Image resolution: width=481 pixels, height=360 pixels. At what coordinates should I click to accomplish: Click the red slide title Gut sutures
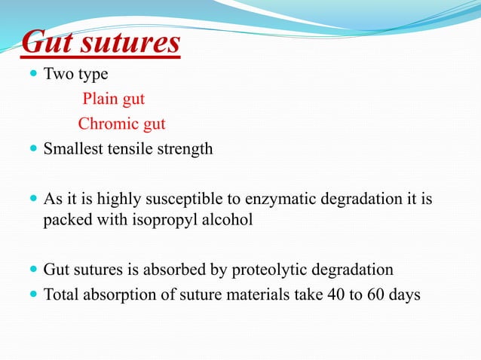click(100, 43)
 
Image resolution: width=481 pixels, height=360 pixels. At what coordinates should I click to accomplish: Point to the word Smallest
click(72, 149)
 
